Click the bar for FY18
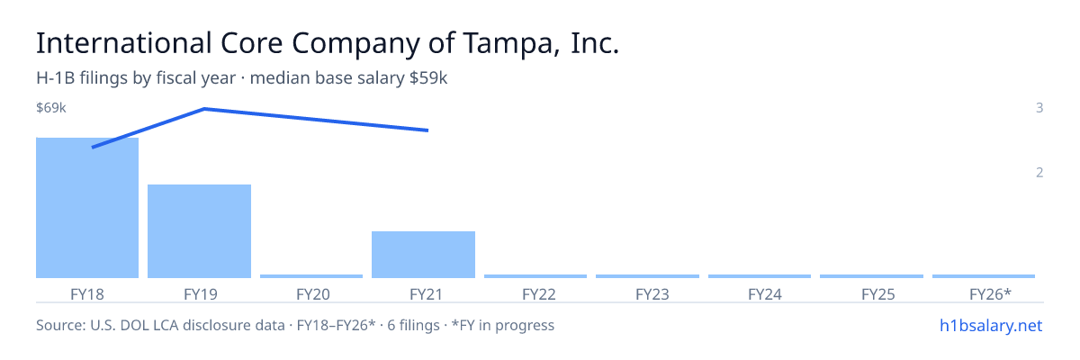(87, 208)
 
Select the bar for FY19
(199, 231)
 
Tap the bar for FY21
(423, 255)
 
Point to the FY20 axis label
(313, 294)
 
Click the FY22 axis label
(539, 294)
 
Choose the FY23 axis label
(652, 294)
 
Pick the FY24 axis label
(765, 294)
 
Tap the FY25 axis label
(878, 294)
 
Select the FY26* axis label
(990, 294)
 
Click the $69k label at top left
(51, 107)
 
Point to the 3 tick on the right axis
(1039, 107)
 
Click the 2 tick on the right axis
(1039, 173)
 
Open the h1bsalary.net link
(991, 326)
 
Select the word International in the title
(124, 43)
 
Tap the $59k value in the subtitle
(428, 78)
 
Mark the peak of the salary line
(204, 109)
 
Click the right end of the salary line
(428, 130)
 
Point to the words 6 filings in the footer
(413, 326)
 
